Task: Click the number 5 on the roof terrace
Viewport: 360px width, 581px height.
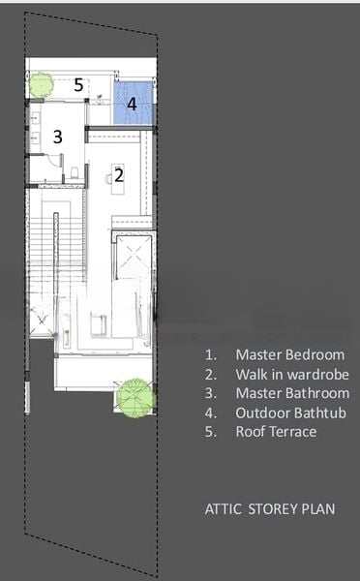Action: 78,85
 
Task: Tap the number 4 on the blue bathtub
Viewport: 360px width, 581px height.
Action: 132,105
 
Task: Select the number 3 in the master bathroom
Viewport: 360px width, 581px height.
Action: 57,137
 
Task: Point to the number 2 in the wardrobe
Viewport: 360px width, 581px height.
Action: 119,175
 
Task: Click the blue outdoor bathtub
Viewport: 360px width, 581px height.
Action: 133,103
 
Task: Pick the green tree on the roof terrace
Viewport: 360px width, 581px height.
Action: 41,85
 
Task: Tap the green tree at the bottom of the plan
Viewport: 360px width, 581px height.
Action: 135,398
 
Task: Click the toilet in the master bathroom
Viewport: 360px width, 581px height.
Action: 75,172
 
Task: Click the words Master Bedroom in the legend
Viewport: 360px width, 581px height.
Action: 290,354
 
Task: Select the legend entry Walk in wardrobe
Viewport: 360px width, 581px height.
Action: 292,374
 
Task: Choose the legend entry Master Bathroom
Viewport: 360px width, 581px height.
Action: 292,393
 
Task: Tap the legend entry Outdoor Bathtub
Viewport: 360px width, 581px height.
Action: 290,413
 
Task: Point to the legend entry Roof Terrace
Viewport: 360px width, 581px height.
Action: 277,432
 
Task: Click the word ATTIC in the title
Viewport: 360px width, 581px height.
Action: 223,508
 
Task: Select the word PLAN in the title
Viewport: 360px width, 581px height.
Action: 318,508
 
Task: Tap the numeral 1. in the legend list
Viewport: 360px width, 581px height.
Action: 211,355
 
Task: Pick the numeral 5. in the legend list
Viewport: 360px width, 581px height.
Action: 211,432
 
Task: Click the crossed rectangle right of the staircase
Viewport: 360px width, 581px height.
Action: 134,256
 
